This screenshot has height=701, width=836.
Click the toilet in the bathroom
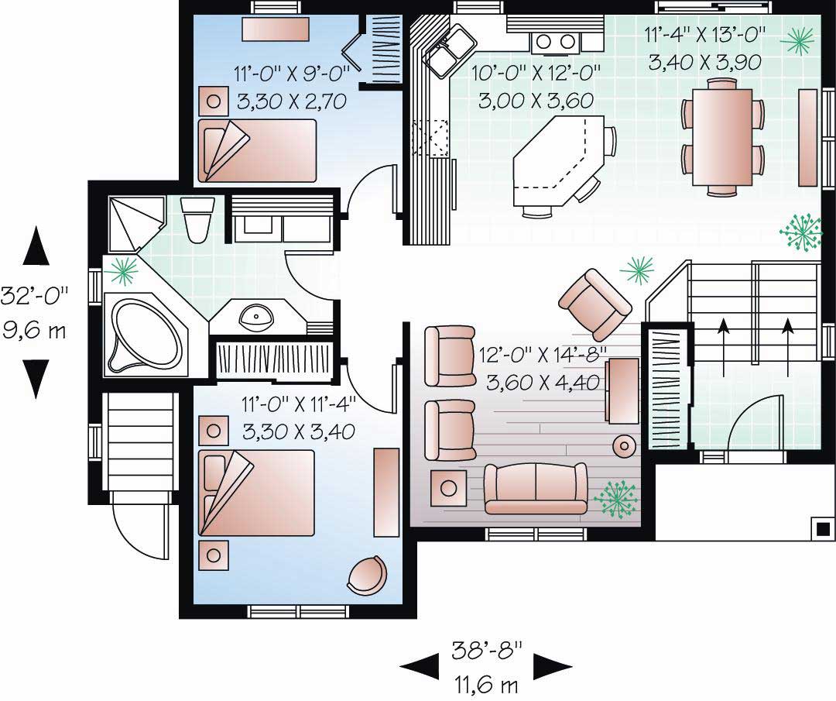click(197, 219)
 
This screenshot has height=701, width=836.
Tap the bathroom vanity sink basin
click(255, 316)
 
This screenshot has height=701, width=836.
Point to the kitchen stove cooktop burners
click(555, 41)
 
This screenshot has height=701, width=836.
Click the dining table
click(721, 136)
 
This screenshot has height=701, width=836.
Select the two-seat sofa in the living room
click(535, 488)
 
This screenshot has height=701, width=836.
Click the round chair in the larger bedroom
click(366, 575)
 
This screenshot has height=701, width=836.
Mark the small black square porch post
click(824, 528)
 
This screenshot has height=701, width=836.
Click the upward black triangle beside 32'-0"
click(35, 247)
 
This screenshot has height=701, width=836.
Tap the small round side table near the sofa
click(623, 445)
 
